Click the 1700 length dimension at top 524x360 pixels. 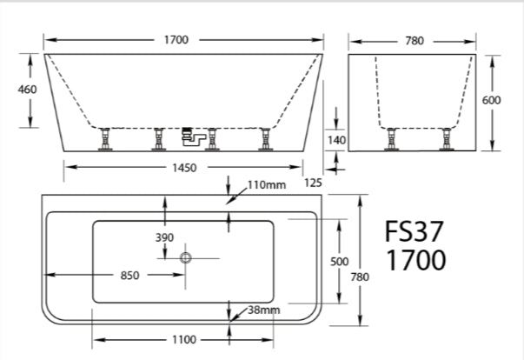(x=182, y=40)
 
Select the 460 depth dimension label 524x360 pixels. (x=16, y=90)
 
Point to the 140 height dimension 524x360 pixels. (x=337, y=139)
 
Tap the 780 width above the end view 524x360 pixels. (x=414, y=40)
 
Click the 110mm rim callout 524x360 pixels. (x=267, y=185)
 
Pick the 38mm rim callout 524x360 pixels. (x=263, y=310)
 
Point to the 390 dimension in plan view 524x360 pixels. (x=164, y=237)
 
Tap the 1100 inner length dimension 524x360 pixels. (x=182, y=340)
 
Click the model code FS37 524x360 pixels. (x=415, y=231)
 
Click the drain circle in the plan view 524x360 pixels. (x=185, y=257)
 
